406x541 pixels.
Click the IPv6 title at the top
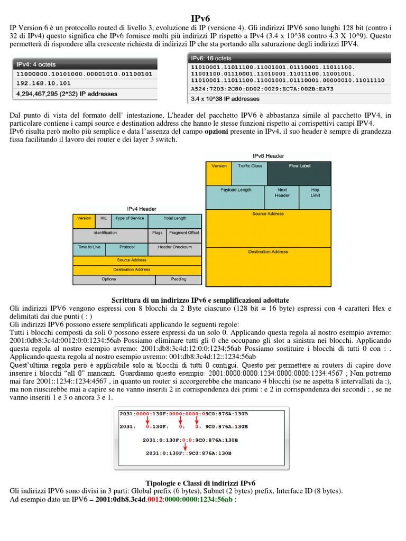click(x=203, y=19)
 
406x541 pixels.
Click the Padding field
click(x=178, y=279)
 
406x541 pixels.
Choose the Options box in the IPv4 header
click(x=109, y=279)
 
